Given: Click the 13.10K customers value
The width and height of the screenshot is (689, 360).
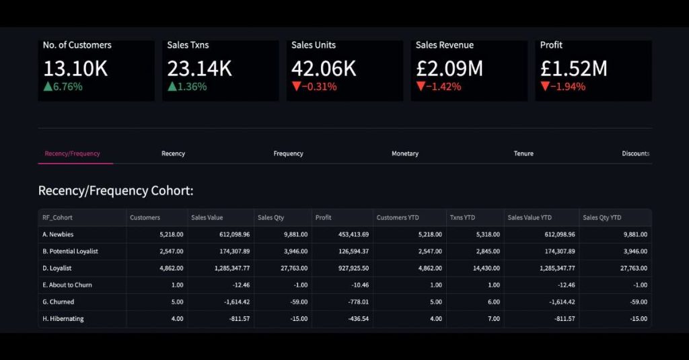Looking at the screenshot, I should (75, 68).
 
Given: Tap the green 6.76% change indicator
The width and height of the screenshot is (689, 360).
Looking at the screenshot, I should (63, 86).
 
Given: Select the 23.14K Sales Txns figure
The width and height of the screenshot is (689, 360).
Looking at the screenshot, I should (200, 68).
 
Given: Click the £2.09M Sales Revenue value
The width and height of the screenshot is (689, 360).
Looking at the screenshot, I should (449, 68).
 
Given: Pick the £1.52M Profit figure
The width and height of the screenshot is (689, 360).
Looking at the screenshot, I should (573, 68).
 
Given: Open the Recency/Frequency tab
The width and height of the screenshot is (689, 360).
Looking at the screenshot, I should (72, 153).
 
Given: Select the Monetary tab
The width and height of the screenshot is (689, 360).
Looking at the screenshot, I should (405, 153).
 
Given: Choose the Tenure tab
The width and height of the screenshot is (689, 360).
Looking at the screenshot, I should (523, 153).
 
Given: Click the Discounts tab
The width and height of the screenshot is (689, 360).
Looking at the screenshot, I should (635, 153).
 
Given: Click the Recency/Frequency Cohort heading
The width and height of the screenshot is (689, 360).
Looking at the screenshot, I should (116, 190).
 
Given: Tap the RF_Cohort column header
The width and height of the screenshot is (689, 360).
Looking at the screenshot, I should (58, 217).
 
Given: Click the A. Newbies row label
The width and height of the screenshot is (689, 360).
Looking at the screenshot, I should (58, 234).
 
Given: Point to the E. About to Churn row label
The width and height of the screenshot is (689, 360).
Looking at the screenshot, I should (67, 285).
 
